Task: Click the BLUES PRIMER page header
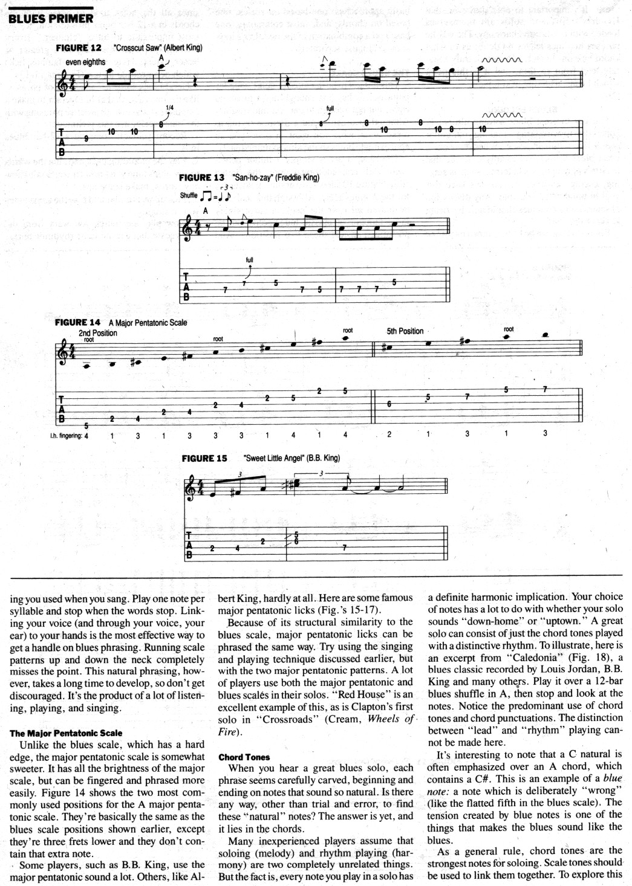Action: (x=51, y=18)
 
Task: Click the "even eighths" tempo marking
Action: (x=85, y=62)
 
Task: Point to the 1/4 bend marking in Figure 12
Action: (x=169, y=108)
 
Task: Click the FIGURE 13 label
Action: (x=202, y=178)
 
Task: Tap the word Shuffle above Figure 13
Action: (x=189, y=196)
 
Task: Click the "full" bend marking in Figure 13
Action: (x=249, y=260)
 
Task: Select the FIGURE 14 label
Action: (x=77, y=323)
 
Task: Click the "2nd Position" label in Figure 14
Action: (x=98, y=332)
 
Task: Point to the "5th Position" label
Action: (x=405, y=331)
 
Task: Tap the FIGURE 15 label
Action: (x=204, y=458)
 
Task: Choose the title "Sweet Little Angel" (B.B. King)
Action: (x=291, y=458)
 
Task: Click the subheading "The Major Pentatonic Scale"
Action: (x=65, y=733)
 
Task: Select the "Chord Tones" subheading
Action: (x=244, y=757)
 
